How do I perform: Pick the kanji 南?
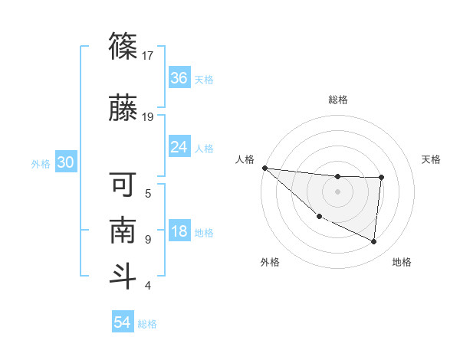(x=123, y=230)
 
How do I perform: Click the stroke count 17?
(x=148, y=55)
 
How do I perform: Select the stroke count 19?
(x=148, y=116)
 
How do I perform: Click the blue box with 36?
(x=179, y=78)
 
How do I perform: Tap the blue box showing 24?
(x=179, y=147)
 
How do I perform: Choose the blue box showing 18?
(x=179, y=232)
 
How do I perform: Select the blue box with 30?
(x=66, y=163)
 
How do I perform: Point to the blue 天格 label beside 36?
(x=204, y=80)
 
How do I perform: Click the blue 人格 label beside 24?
(x=204, y=149)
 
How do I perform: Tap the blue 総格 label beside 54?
(x=147, y=324)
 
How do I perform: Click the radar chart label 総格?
(x=338, y=100)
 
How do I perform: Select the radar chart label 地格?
(x=402, y=262)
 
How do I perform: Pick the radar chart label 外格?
(x=270, y=262)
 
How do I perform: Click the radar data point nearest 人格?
(x=264, y=168)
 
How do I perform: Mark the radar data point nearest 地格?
(x=374, y=242)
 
